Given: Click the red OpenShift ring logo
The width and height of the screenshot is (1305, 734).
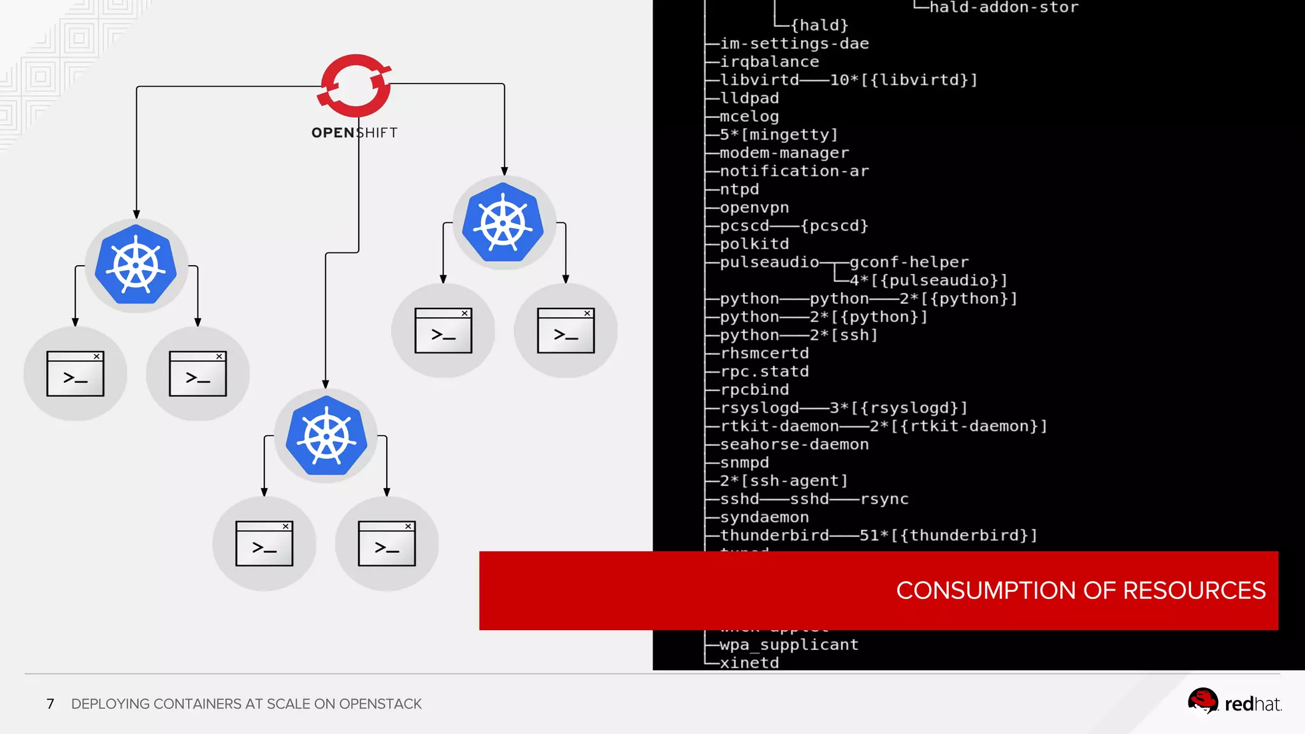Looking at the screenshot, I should point(355,85).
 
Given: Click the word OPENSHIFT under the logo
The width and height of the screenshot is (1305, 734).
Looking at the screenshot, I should point(354,133).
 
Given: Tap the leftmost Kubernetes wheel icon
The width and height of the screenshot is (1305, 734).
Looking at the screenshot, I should point(136,264).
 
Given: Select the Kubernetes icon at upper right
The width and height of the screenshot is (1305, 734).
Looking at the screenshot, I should point(503,222).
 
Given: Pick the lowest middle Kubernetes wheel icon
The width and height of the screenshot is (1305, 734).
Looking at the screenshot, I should point(326,436).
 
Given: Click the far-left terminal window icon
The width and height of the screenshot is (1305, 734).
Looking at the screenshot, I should point(75,374).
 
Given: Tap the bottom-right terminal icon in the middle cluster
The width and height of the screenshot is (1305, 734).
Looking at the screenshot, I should point(387,543).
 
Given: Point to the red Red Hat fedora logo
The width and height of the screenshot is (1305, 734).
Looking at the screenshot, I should point(1202,702).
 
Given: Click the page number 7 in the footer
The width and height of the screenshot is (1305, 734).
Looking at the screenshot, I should point(50,704).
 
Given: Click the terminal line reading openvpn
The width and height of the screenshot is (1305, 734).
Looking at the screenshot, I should point(754,208).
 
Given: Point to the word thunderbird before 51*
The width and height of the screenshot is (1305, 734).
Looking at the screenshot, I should point(774,535).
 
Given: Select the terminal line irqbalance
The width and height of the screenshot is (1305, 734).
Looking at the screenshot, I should point(769,62).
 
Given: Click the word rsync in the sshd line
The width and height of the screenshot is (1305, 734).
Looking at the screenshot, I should point(884,499).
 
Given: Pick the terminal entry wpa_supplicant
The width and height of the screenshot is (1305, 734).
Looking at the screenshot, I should point(789,645).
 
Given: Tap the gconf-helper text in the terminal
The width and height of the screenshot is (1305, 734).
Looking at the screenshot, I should point(909,262).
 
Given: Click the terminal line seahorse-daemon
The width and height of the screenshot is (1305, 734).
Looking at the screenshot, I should point(794,444).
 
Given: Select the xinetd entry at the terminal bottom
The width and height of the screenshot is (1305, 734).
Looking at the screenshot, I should point(749,663).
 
